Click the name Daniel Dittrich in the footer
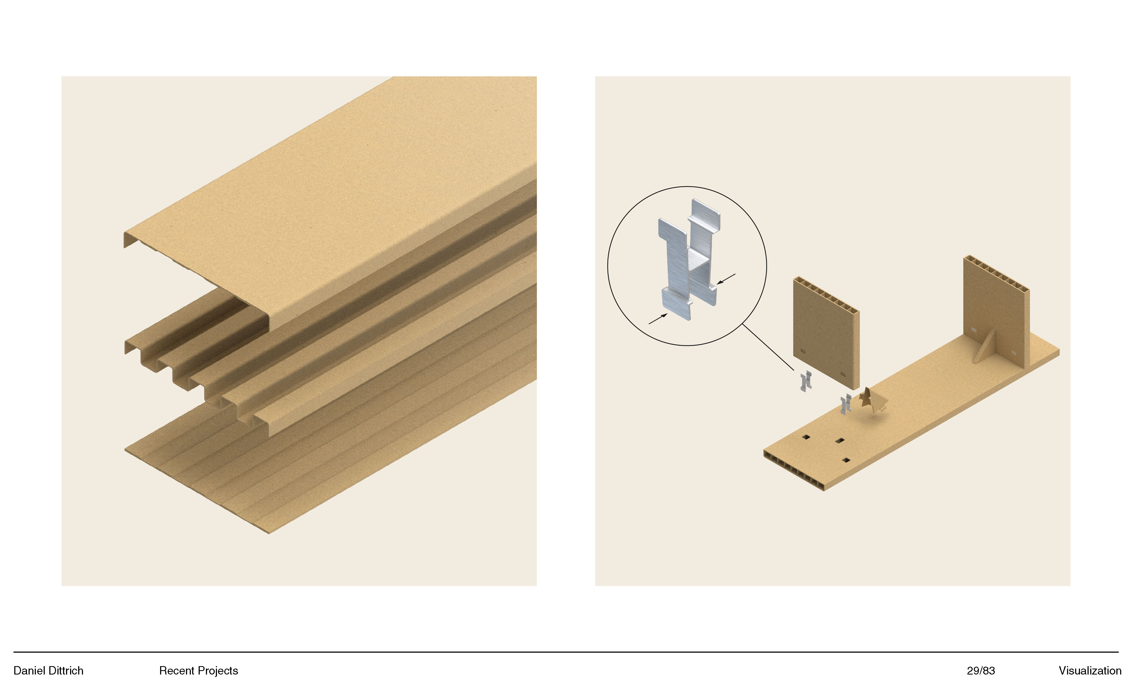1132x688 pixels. [x=48, y=670]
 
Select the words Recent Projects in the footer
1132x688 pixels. [x=198, y=670]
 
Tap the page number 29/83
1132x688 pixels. [x=981, y=670]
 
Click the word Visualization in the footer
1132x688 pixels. [x=1090, y=670]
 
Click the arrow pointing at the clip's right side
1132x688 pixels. [x=726, y=279]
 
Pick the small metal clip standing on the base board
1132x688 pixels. [x=846, y=404]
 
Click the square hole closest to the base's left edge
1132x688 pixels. [x=806, y=437]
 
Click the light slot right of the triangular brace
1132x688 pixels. [x=1014, y=353]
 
